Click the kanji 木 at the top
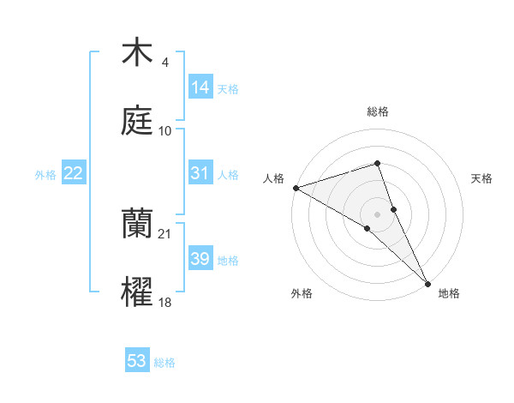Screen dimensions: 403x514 tap(137, 53)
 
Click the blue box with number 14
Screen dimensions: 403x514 tap(200, 87)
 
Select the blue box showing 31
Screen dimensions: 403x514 tap(200, 173)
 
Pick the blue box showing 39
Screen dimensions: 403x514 tap(200, 259)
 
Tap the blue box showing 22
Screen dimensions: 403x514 tap(74, 173)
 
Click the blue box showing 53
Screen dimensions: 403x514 tap(137, 361)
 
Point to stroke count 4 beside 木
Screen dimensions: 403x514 tap(164, 63)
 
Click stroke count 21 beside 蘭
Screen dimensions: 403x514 tap(165, 233)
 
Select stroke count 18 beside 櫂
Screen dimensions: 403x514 tap(165, 302)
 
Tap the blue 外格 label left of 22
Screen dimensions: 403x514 tap(45, 175)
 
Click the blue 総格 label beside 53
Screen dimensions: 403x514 tap(164, 363)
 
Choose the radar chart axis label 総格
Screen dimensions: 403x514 tap(378, 111)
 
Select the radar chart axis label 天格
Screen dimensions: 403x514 tap(481, 178)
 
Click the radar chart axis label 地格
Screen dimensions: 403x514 tap(449, 293)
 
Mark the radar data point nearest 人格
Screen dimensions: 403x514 tap(296, 187)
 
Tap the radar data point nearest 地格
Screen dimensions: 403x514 tap(427, 282)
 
